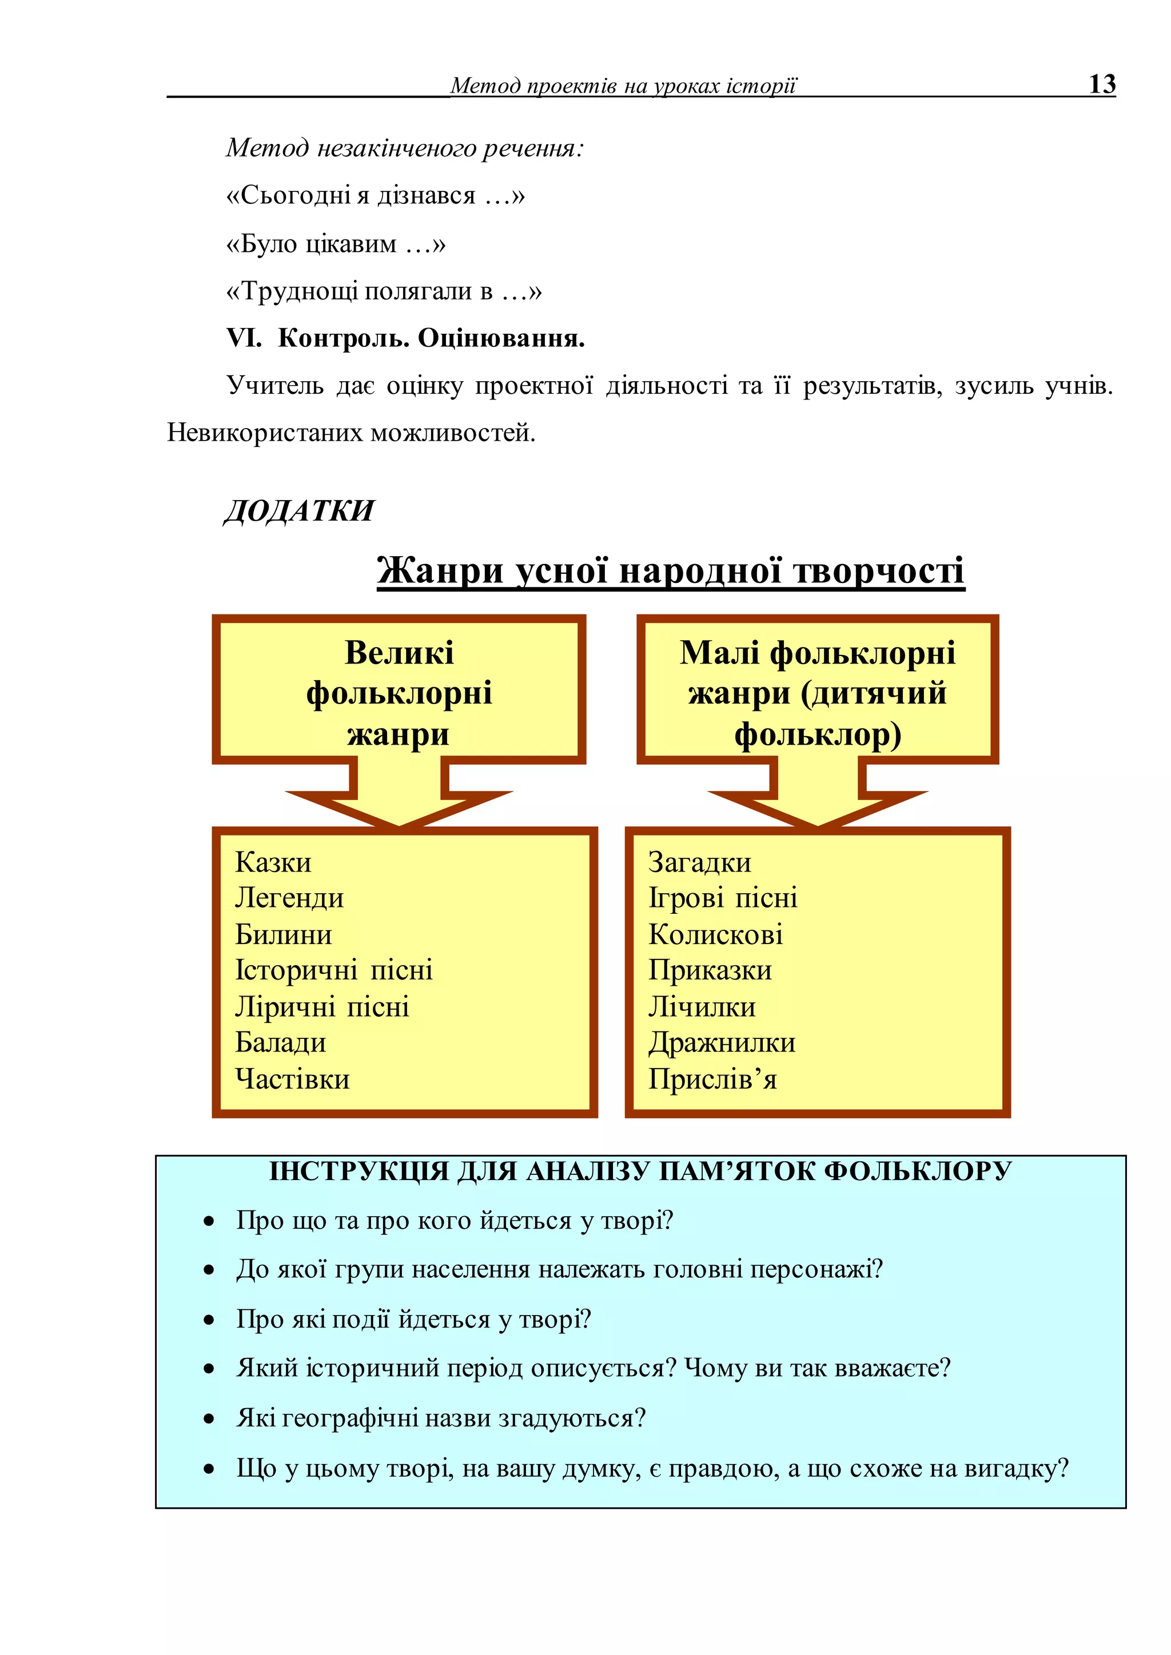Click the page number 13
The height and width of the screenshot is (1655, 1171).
[x=1102, y=85]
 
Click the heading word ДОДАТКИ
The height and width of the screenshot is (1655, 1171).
[x=299, y=511]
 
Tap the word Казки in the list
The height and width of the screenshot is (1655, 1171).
[x=273, y=862]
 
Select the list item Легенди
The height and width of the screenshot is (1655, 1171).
[x=289, y=898]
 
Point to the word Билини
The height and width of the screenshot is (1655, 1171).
[x=284, y=935]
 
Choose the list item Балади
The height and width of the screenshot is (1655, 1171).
[x=281, y=1043]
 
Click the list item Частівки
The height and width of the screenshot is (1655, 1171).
[x=292, y=1079]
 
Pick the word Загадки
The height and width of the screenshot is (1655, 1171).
[x=699, y=862]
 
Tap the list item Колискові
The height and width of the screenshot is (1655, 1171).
[x=715, y=935]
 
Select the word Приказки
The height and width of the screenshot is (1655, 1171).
[x=710, y=970]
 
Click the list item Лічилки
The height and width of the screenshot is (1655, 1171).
[x=702, y=1007]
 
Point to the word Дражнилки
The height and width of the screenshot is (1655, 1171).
[x=722, y=1043]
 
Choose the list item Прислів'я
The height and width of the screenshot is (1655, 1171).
[x=712, y=1079]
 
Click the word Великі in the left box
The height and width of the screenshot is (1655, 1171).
[x=399, y=653]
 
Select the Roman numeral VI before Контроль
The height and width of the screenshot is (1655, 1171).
[x=244, y=338]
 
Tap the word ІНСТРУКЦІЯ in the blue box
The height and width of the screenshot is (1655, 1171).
[x=359, y=1172]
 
